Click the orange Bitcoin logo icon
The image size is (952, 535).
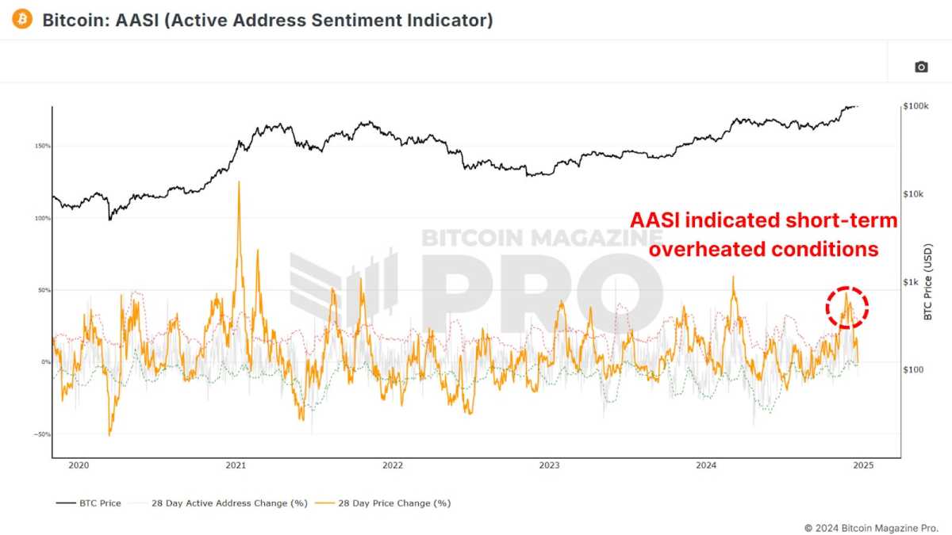tap(21, 20)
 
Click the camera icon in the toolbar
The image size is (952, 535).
tap(921, 67)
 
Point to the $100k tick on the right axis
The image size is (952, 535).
tap(916, 106)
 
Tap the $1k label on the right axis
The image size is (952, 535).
tap(913, 282)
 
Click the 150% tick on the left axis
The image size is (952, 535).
tap(42, 146)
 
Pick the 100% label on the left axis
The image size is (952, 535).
tap(42, 218)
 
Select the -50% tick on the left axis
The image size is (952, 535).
tap(42, 434)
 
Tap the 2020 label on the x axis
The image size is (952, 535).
tap(78, 466)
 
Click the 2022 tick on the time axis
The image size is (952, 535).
tap(392, 466)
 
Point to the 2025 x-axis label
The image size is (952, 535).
tap(863, 466)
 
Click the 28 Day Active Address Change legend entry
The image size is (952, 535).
tap(223, 503)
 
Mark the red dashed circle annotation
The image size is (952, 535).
tap(847, 307)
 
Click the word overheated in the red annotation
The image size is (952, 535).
tap(708, 249)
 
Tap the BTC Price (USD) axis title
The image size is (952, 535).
tap(928, 282)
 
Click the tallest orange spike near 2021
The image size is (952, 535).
tap(239, 183)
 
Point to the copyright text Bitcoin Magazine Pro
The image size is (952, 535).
tap(871, 527)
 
